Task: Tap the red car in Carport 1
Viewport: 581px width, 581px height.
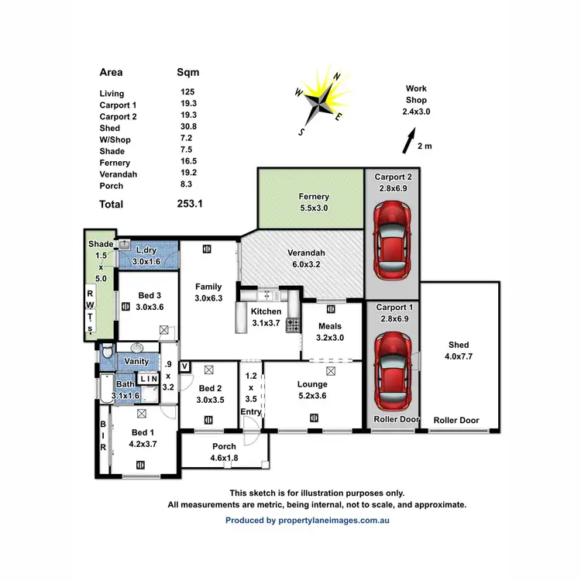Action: click(x=392, y=369)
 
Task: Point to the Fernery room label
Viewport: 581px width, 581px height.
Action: click(x=314, y=197)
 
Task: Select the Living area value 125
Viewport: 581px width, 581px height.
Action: click(x=187, y=93)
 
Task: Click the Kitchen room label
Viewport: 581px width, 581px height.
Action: click(x=266, y=311)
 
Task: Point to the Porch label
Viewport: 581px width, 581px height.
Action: click(x=225, y=446)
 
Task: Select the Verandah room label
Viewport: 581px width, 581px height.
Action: click(x=302, y=253)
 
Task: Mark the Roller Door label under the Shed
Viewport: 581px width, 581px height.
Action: click(x=456, y=421)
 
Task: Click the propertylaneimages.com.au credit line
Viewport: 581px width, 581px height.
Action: click(x=307, y=521)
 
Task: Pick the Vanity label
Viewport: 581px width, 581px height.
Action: click(x=136, y=361)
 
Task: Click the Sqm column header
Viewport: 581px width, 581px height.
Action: click(x=188, y=72)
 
